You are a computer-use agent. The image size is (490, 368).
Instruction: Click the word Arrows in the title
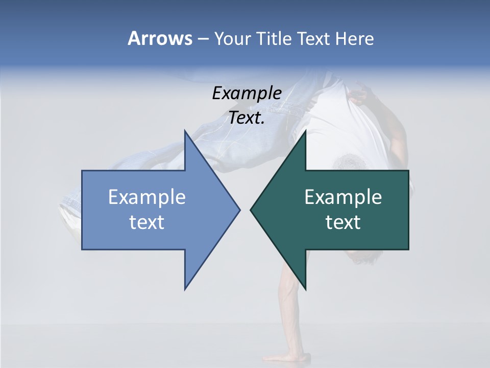pos(160,38)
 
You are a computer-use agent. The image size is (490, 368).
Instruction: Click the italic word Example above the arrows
pos(247,94)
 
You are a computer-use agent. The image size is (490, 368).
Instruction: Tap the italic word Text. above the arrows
pos(247,118)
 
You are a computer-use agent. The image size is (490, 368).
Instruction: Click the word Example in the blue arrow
pos(147,197)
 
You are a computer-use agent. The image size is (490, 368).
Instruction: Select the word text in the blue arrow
pos(147,222)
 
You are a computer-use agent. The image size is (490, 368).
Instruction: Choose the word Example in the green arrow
pos(343,197)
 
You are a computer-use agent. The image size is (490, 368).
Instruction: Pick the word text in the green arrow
pos(343,222)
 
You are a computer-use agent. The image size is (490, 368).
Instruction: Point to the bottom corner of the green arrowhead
pos(305,289)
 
